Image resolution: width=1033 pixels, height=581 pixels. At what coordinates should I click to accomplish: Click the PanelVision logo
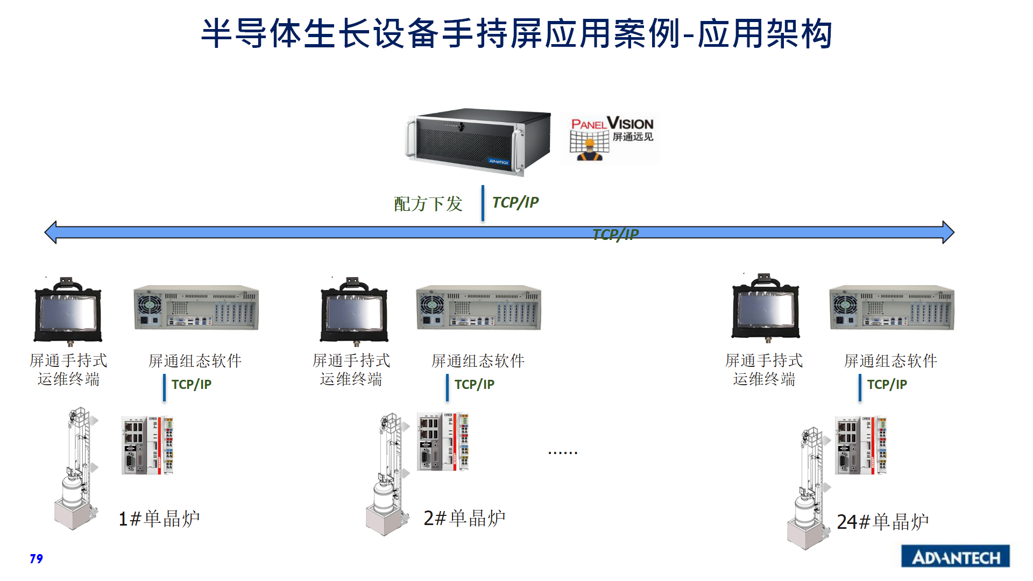pos(611,138)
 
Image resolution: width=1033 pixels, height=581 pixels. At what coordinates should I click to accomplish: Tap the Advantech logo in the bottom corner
pos(955,557)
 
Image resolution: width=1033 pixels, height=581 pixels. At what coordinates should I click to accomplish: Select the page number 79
pos(36,559)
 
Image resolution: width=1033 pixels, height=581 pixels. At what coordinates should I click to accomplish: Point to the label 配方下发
pos(428,204)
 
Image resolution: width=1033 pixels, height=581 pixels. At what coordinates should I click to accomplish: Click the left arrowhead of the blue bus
pos(51,232)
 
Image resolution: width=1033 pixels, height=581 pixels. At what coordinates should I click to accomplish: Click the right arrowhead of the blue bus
pos(947,232)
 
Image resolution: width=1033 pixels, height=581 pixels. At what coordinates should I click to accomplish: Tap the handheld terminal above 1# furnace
pos(68,310)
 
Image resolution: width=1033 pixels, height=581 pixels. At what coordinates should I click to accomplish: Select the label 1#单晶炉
pos(159,519)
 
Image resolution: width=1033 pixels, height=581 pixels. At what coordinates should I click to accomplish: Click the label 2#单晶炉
pos(464,518)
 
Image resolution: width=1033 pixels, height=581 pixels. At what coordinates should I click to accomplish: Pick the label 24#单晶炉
pos(882,522)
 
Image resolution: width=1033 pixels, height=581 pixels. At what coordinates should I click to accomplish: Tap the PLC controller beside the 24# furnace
pos(860,445)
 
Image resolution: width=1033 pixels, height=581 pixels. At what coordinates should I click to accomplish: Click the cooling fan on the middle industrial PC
pos(431,304)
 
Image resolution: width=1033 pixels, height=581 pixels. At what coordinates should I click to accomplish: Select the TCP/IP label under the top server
pos(515,203)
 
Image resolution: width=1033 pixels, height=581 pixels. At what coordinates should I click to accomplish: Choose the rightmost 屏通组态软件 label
pos(890,361)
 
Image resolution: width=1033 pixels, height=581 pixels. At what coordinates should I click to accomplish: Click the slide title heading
pos(516,33)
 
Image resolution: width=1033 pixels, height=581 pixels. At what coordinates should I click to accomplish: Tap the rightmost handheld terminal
pos(766,308)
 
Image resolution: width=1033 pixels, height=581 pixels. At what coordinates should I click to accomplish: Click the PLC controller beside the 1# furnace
pos(147,445)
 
